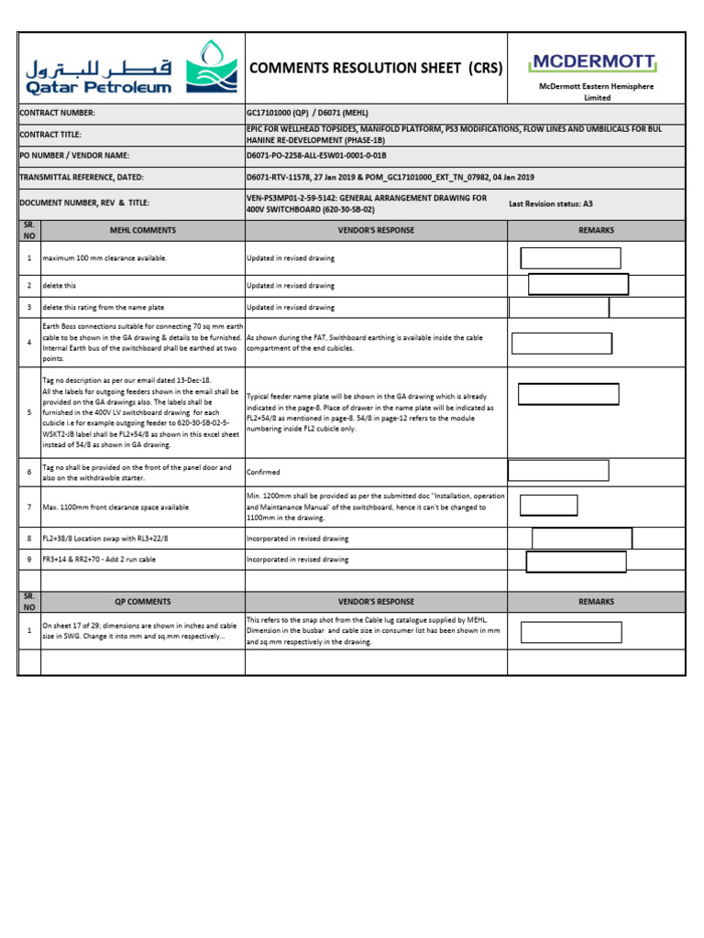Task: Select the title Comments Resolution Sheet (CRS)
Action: coord(376,68)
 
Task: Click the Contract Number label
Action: coord(57,113)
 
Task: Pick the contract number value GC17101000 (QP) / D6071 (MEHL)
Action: coord(321,113)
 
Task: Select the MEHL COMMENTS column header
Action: coord(143,230)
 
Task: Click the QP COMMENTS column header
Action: coord(143,602)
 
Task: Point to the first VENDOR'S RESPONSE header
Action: coord(376,230)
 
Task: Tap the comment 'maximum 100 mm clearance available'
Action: coord(104,258)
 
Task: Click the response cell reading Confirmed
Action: coord(264,473)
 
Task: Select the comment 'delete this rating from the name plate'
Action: coord(104,308)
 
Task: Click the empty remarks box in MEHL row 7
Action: coord(549,505)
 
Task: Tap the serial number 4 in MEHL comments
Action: coord(29,343)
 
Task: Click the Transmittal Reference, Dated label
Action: coord(82,178)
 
